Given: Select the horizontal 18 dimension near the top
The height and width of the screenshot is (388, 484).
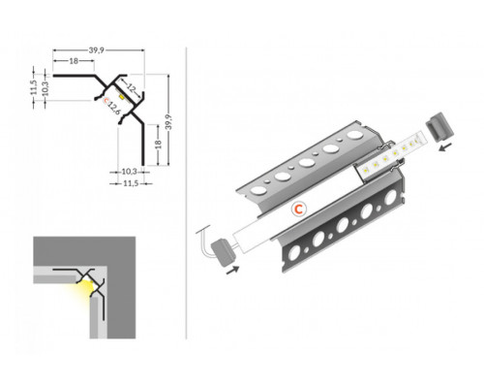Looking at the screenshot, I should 74,61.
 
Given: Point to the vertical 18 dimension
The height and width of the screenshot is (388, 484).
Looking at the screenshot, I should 159,145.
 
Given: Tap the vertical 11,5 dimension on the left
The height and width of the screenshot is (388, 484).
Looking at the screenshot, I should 34,84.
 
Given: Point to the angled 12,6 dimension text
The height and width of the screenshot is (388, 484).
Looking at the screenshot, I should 113,106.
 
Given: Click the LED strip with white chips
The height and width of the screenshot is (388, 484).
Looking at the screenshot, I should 392,159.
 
